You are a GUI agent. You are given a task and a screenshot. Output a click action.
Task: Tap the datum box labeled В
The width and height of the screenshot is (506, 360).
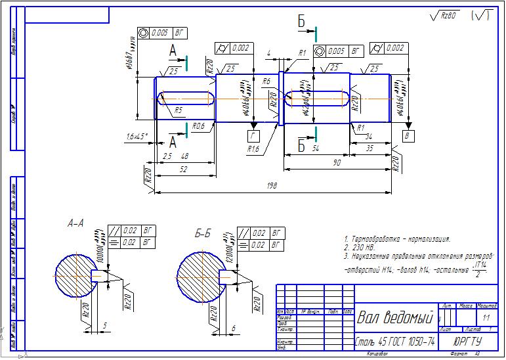tap(408, 135)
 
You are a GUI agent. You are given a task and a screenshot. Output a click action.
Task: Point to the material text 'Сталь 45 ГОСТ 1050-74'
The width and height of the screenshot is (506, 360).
tap(394, 342)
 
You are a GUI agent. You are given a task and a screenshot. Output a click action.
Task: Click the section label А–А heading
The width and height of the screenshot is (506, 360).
tap(75, 223)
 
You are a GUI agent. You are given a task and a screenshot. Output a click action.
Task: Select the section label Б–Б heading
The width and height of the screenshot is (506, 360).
tap(203, 233)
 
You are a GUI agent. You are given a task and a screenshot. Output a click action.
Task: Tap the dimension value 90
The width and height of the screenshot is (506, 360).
tap(336, 162)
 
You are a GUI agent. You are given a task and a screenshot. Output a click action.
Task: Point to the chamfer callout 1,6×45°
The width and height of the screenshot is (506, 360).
tap(137, 136)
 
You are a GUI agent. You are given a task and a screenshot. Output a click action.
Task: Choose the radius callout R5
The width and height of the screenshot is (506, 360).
tap(178, 111)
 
